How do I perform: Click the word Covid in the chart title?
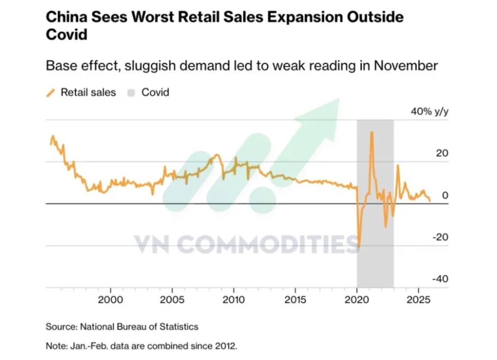[x=67, y=34]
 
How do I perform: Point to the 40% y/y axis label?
[x=429, y=112]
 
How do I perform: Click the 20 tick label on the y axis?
[x=442, y=153]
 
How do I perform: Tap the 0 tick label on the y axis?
[x=445, y=195]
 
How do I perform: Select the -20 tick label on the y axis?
[x=440, y=237]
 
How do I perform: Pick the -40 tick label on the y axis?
[x=440, y=279]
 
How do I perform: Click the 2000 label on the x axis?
[x=111, y=299]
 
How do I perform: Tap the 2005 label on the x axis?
[x=172, y=299]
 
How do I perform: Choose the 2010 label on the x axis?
[x=234, y=299]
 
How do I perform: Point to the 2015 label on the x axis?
[x=295, y=299]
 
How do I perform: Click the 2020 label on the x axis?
[x=357, y=299]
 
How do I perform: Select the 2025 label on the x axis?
[x=418, y=299]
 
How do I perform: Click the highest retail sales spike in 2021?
[x=372, y=132]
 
